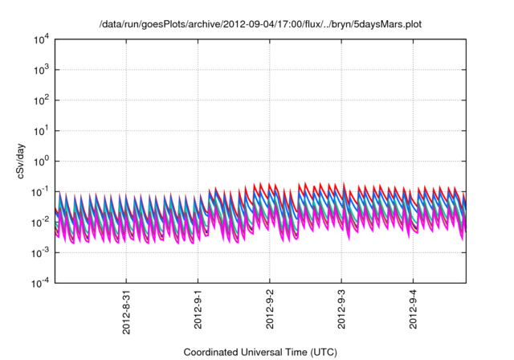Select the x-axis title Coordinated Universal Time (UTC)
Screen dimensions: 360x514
pos(259,352)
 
